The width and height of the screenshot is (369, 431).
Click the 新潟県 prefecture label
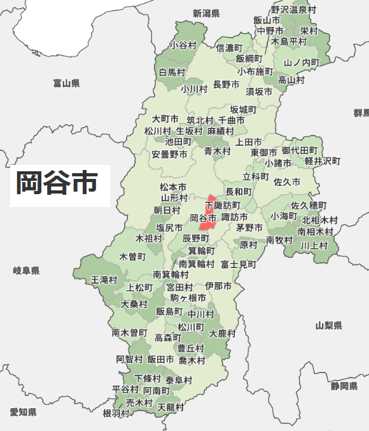(x=206, y=13)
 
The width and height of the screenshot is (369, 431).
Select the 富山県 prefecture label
(x=66, y=83)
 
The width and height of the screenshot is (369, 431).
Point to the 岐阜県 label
(x=26, y=271)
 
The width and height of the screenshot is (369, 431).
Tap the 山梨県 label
(x=328, y=325)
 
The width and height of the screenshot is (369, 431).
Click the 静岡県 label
(x=344, y=386)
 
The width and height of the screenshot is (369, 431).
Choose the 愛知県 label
(x=23, y=412)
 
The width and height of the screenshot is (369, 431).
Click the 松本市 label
(x=173, y=187)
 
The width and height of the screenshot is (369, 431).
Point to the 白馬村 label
(x=172, y=72)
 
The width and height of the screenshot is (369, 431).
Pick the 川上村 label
(x=314, y=245)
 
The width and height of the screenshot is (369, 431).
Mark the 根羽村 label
(x=116, y=413)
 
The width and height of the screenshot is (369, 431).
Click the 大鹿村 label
(x=223, y=333)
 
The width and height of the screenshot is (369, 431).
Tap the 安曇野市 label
(x=169, y=154)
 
